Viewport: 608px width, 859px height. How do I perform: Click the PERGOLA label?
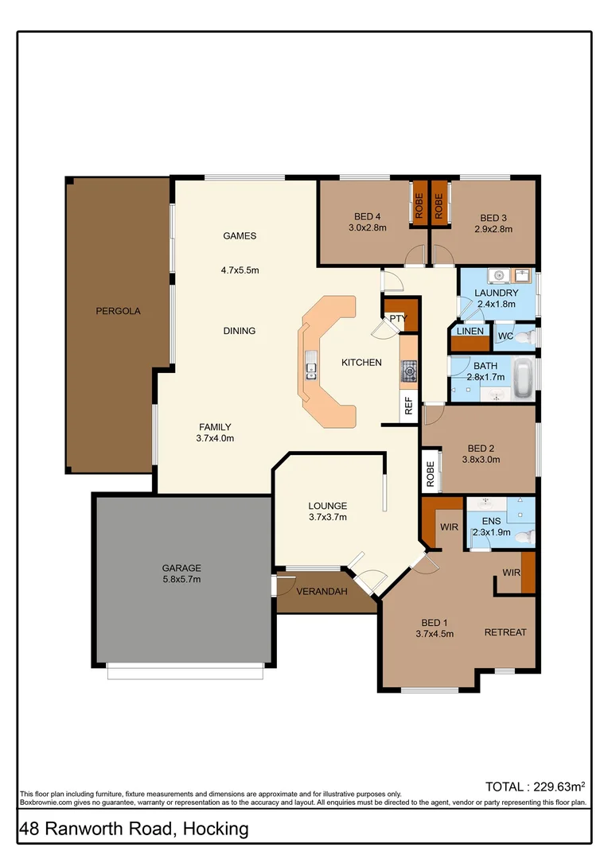click(118, 311)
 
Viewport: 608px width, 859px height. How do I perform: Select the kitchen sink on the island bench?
click(310, 367)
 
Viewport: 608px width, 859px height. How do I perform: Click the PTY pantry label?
click(398, 319)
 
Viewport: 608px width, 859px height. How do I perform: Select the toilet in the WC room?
click(524, 337)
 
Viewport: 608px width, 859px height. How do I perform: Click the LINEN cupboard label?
click(470, 331)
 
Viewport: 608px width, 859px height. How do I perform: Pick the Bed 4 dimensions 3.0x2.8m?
click(367, 228)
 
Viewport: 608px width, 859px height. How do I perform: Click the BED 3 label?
click(493, 218)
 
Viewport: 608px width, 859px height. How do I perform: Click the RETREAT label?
click(505, 632)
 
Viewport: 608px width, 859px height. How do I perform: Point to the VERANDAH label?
click(322, 593)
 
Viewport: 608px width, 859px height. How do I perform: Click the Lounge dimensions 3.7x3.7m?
click(328, 517)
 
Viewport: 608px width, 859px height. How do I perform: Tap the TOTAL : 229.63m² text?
click(535, 787)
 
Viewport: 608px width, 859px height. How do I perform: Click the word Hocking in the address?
click(216, 830)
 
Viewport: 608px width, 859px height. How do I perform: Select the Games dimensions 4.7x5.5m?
click(240, 270)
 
